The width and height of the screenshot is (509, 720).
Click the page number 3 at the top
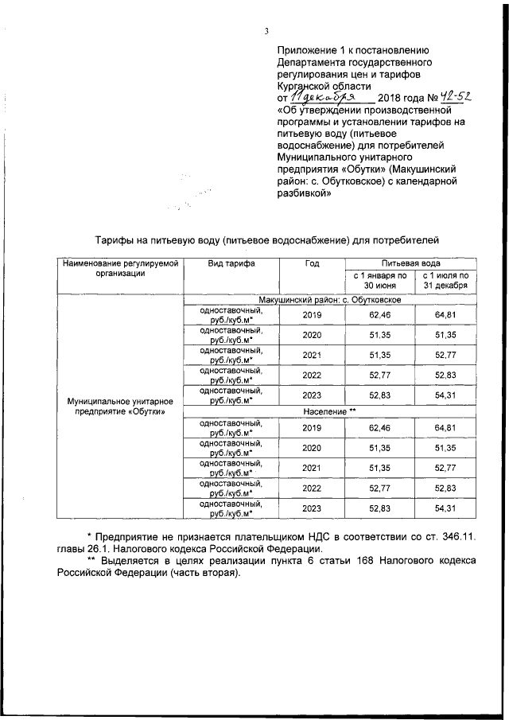pyautogui.click(x=268, y=31)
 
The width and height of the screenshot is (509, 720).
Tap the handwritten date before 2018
pyautogui.click(x=313, y=97)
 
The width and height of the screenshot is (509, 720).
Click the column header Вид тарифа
pyautogui.click(x=231, y=263)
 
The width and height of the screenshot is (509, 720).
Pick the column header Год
pyautogui.click(x=312, y=263)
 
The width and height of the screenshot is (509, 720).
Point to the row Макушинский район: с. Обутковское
pyautogui.click(x=330, y=299)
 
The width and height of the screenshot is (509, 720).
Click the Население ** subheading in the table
pyautogui.click(x=330, y=411)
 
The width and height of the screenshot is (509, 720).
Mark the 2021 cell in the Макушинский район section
pyautogui.click(x=312, y=354)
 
